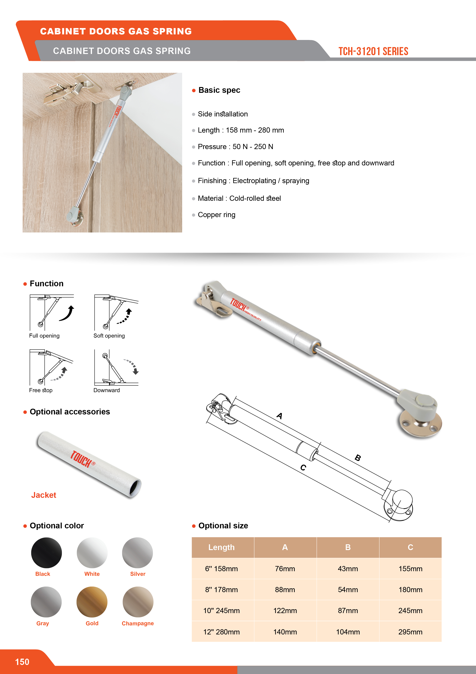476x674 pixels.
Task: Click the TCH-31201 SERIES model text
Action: coord(373,51)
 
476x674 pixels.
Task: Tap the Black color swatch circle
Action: coord(46,553)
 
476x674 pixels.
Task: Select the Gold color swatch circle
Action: coord(92,602)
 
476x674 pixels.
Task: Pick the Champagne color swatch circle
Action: coord(138,602)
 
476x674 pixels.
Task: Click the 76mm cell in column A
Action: coord(285,569)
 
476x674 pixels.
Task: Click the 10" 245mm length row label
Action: coord(221,611)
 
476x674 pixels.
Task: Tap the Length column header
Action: coord(221,547)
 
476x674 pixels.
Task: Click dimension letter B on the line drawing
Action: coord(358,458)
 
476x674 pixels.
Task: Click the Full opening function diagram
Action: coord(52,313)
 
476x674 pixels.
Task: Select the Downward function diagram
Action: coord(116,368)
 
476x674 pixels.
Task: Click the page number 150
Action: coord(22,662)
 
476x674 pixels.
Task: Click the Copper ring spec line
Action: coord(217,215)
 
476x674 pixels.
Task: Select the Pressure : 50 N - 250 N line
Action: coord(235,147)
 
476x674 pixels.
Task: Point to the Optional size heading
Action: coord(223,526)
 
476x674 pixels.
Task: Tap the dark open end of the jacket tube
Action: coord(135,488)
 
